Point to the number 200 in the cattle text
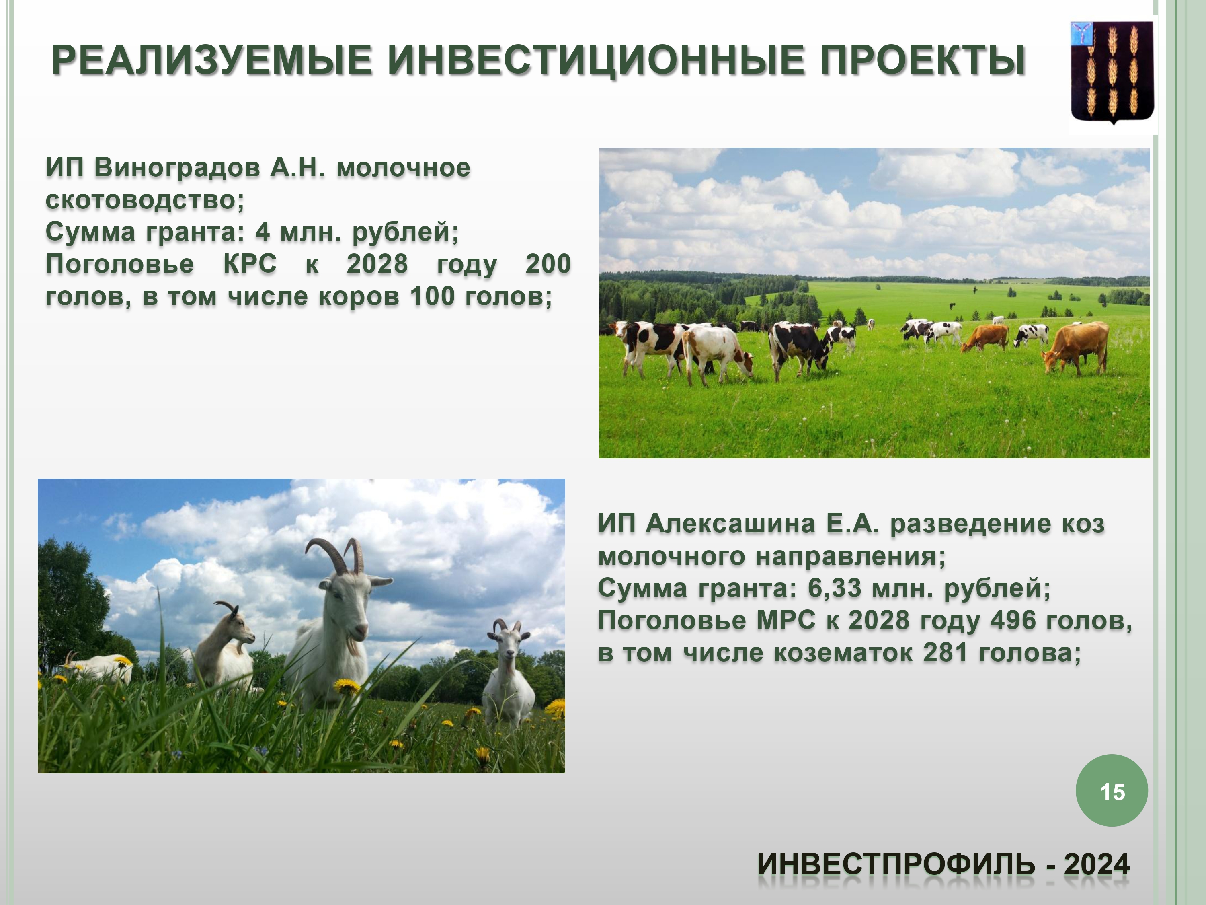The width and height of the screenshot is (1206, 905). click(x=548, y=264)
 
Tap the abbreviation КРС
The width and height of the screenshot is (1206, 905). click(x=250, y=264)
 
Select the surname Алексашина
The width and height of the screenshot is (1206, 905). click(x=730, y=524)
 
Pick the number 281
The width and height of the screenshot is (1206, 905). click(x=945, y=652)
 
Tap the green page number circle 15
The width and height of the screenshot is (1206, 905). click(x=1112, y=790)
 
